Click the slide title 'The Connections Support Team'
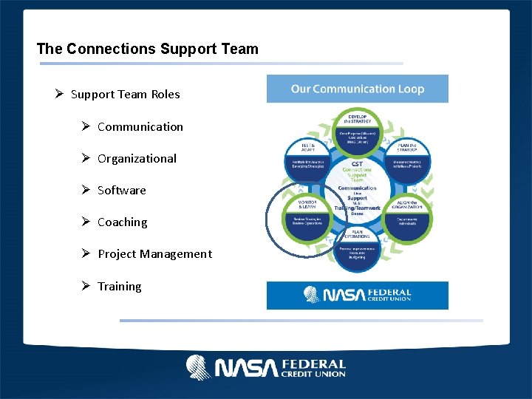point(148,50)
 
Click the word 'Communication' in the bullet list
point(140,126)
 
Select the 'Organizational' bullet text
point(137,158)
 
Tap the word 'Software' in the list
point(122,190)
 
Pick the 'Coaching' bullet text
point(123,222)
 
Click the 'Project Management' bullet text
point(154,253)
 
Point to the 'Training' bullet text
point(120,286)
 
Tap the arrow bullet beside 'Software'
point(86,190)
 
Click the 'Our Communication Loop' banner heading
point(357,89)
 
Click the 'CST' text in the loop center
point(357,164)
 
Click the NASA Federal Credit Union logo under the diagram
point(357,295)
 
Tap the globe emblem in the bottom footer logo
point(199,367)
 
